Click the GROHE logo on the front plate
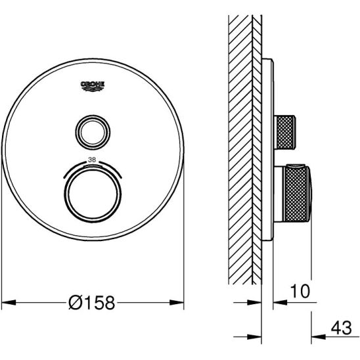point(93,86)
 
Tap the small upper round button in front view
point(93,132)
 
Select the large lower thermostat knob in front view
point(93,196)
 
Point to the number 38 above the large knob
point(92,160)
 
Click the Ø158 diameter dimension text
point(91,303)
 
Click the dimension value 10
point(300,291)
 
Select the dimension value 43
point(341,328)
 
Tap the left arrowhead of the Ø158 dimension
point(9,302)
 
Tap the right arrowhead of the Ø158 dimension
point(177,302)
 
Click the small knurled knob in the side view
point(285,132)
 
